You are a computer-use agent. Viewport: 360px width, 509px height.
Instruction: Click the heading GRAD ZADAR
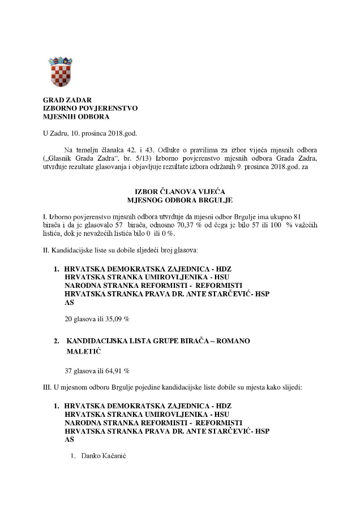[67, 100]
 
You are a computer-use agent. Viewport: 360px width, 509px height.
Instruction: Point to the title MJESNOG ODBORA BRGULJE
[180, 200]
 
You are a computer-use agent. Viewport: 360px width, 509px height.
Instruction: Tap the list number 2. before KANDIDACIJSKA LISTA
[57, 341]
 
